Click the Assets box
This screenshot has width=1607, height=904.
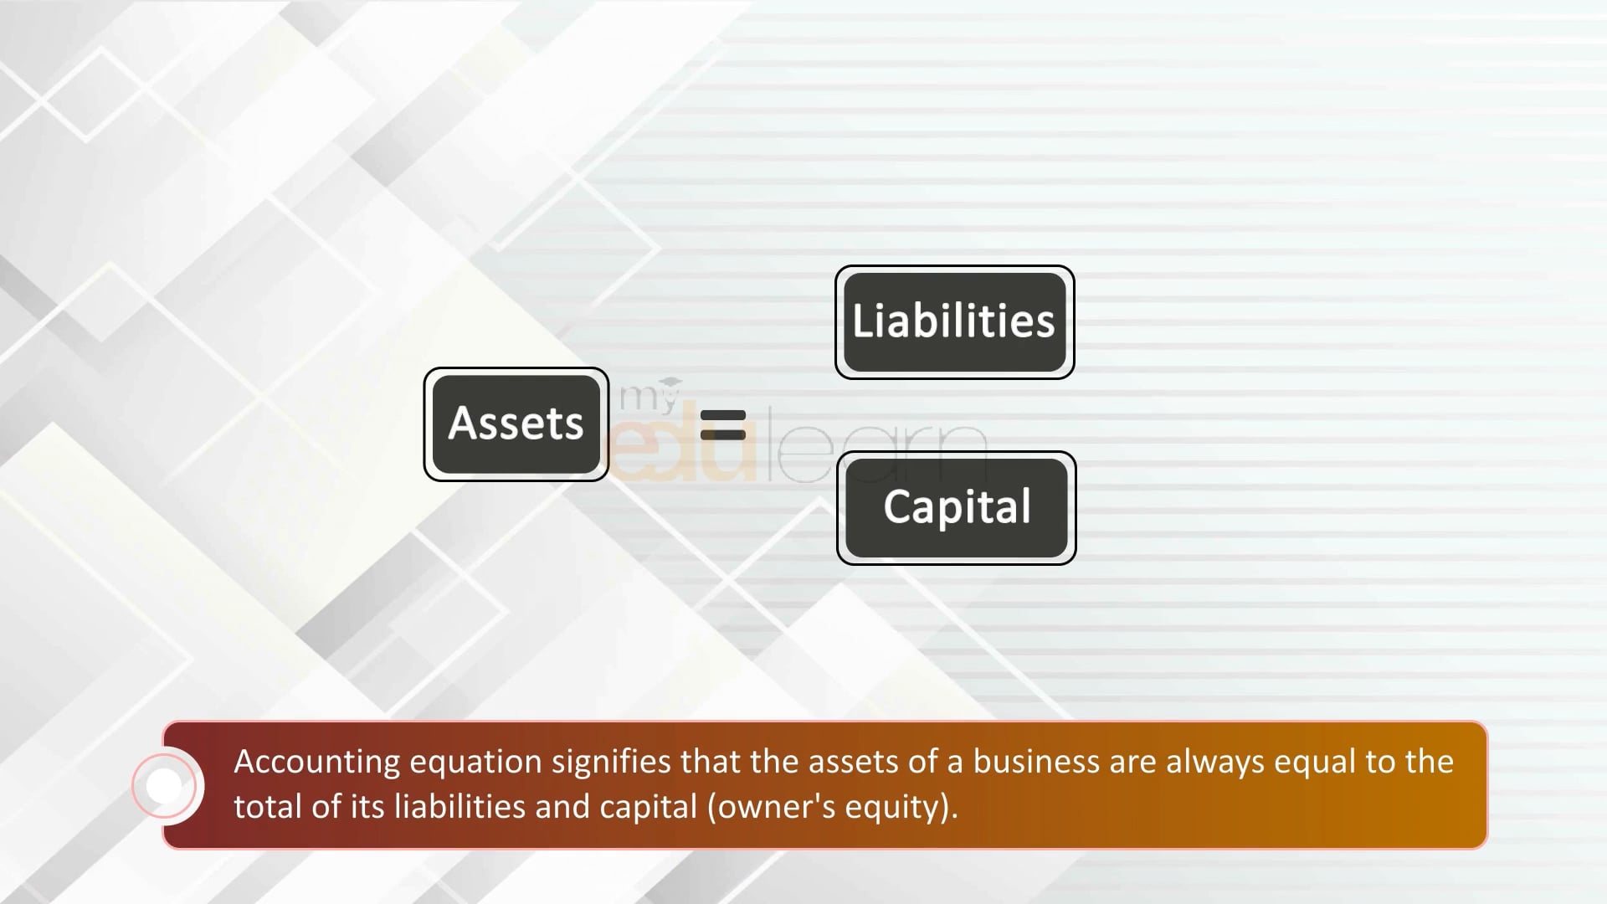(x=516, y=424)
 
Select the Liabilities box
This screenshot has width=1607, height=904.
(x=955, y=322)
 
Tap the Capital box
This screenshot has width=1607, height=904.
(x=957, y=508)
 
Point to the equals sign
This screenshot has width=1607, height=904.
(x=722, y=424)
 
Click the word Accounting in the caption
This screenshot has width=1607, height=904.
(x=317, y=763)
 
